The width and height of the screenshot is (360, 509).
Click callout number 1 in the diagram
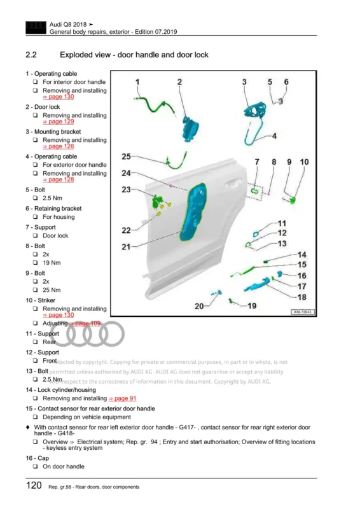pyautogui.click(x=139, y=82)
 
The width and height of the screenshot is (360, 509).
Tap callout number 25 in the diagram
pyautogui.click(x=127, y=157)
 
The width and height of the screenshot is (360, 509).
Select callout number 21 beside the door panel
pyautogui.click(x=127, y=246)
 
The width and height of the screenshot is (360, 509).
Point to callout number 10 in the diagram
pyautogui.click(x=304, y=162)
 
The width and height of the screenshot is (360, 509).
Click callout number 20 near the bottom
pyautogui.click(x=200, y=306)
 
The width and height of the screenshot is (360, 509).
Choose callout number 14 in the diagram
pyautogui.click(x=301, y=254)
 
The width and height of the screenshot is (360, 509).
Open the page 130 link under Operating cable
pyautogui.click(x=62, y=97)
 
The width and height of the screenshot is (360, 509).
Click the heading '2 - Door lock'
pyautogui.click(x=43, y=107)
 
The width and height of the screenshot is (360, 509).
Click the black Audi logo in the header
pyautogui.click(x=33, y=27)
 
